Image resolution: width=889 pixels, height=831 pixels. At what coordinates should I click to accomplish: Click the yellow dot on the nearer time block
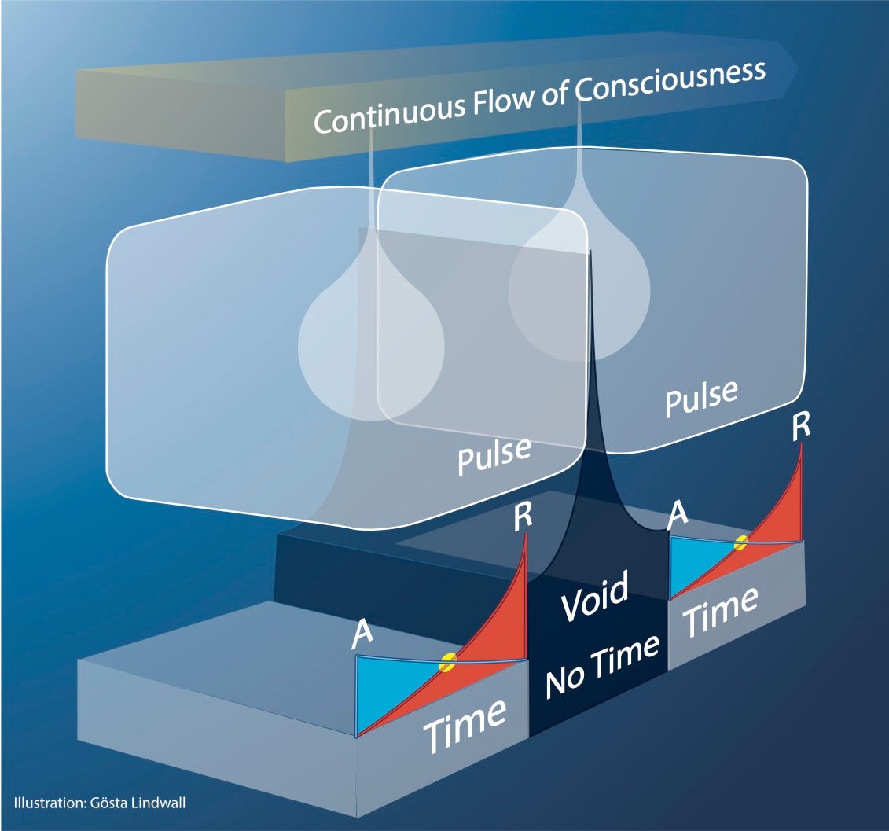point(447,663)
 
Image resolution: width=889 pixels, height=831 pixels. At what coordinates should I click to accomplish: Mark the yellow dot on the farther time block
point(740,542)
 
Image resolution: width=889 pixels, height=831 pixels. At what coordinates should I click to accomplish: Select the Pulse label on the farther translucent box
point(701,398)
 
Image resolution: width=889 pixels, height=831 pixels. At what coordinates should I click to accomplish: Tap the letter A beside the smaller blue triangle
point(677,516)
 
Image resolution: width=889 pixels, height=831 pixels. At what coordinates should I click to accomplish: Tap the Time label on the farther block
point(718,612)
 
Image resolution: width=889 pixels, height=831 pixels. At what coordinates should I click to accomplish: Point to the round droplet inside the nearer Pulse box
point(371,346)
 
